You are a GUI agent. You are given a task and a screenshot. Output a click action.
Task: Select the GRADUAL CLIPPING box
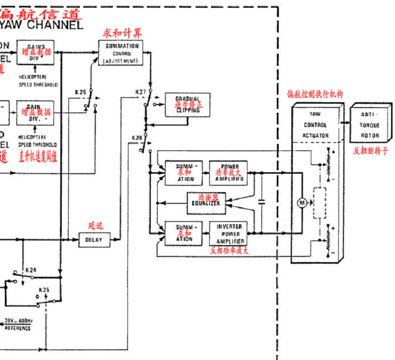[x=187, y=105]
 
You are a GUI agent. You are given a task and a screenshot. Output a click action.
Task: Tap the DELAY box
[x=94, y=239]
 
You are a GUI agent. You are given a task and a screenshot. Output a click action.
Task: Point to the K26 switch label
[x=81, y=91]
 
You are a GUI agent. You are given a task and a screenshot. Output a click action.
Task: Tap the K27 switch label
[x=141, y=92]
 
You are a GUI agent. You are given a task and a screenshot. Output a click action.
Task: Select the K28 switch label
[x=137, y=138]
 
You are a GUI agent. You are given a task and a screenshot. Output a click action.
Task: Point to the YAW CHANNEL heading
[x=41, y=24]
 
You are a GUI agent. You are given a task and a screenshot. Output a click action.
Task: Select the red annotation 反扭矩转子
[x=371, y=151]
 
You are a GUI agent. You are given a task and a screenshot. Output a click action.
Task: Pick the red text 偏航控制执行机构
[x=315, y=94]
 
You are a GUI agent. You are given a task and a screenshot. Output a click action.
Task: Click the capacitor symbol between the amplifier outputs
[x=262, y=202]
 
